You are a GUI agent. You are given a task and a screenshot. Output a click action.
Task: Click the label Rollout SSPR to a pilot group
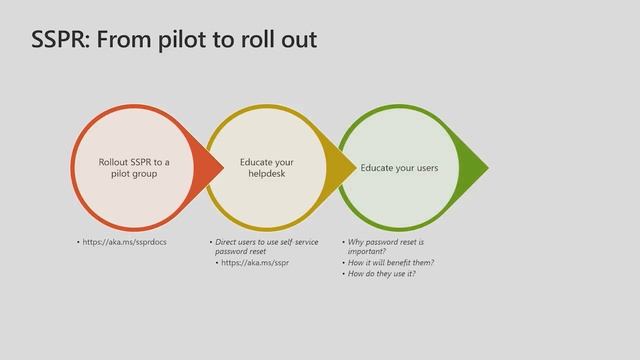[134, 167]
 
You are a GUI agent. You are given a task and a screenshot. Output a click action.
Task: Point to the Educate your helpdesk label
[267, 167]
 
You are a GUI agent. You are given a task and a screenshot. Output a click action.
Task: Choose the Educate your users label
[399, 168]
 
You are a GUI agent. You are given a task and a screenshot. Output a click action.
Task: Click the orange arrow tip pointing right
[213, 167]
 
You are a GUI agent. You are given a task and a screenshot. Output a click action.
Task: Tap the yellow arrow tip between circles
[348, 167]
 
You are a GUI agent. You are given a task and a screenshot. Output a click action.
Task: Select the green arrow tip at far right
[479, 167]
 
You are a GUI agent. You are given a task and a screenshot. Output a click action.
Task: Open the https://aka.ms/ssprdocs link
[125, 242]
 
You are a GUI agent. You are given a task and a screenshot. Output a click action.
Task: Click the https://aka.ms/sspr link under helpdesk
[254, 262]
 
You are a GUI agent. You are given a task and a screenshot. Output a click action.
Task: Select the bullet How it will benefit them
[390, 262]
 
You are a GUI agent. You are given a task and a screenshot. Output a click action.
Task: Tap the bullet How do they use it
[381, 273]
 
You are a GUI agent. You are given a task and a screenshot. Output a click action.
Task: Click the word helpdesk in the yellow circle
[267, 174]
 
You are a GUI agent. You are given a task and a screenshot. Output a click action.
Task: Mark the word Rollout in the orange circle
[115, 161]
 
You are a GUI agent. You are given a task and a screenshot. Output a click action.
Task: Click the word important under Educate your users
[366, 251]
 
